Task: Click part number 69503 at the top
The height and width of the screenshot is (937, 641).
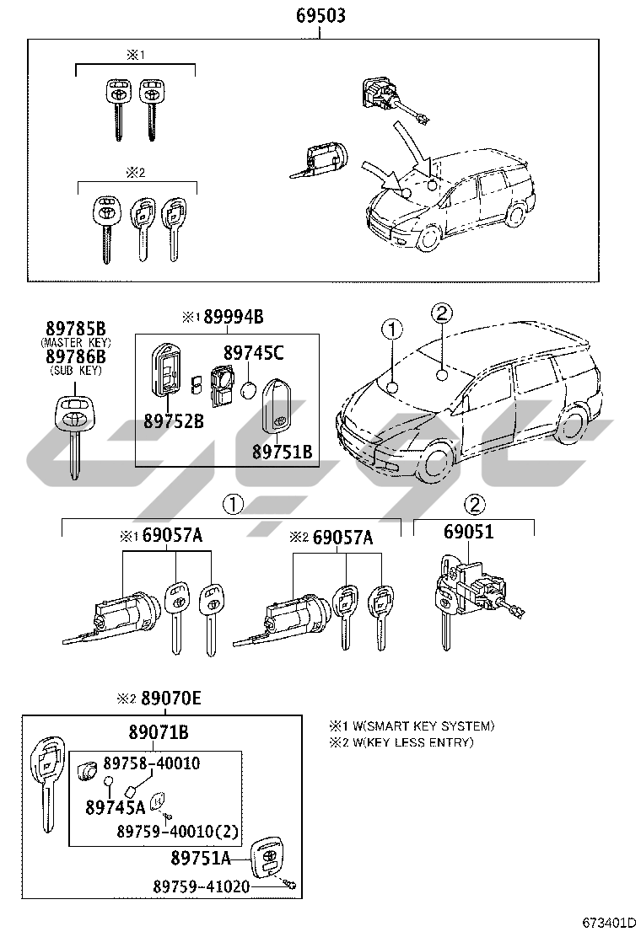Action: coord(320,16)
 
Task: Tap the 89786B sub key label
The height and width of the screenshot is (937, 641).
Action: coord(75,356)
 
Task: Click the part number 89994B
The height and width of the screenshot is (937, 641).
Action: coord(231,318)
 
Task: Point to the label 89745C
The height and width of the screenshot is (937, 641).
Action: coord(254,353)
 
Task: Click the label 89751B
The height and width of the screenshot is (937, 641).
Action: coord(283,452)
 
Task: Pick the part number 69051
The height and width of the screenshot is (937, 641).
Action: coord(469,533)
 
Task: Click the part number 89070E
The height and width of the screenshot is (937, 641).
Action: coord(171,699)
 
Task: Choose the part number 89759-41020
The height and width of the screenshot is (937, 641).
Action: coord(202,887)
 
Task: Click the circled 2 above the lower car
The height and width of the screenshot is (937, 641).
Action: coord(442,313)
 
